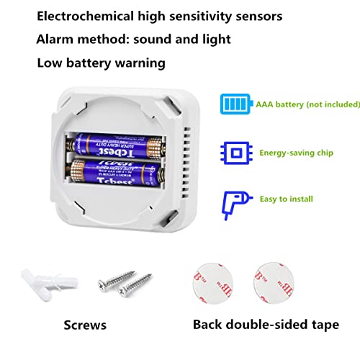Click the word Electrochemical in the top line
84,16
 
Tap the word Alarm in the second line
56,40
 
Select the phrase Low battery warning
102,63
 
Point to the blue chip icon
234,153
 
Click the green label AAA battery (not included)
307,104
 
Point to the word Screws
85,325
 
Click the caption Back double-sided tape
265,325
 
